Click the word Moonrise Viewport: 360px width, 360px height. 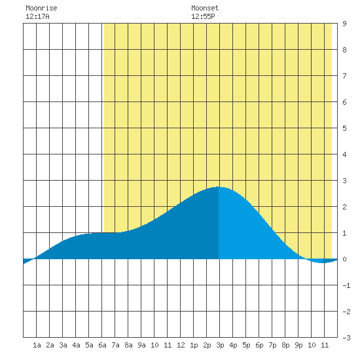(41, 8)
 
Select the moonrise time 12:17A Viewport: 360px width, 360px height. (37, 16)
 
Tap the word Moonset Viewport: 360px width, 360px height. (205, 8)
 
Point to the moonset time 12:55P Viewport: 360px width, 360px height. (203, 16)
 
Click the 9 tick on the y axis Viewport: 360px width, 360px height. (344, 24)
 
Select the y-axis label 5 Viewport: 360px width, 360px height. (344, 128)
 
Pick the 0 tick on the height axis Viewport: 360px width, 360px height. (344, 259)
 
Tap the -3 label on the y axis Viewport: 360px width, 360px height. (346, 338)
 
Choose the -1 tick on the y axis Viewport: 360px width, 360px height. (346, 285)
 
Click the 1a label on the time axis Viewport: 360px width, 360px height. (37, 345)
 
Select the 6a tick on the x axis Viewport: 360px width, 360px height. (102, 345)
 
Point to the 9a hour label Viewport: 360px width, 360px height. (141, 345)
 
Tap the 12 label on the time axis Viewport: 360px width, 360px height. (181, 345)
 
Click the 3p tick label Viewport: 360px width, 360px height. (220, 345)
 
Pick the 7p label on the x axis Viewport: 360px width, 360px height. (272, 345)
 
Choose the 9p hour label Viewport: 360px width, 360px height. (298, 345)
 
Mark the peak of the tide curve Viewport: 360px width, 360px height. (219, 187)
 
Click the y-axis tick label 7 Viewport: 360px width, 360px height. (344, 76)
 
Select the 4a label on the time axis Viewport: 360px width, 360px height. (76, 345)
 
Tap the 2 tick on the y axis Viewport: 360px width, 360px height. (344, 207)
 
